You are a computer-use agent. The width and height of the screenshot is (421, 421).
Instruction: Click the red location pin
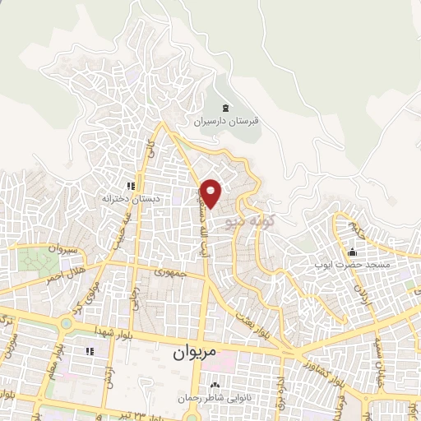211,192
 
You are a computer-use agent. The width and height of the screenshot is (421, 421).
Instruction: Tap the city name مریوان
195,352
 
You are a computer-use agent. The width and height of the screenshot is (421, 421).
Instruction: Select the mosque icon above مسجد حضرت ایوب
353,252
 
